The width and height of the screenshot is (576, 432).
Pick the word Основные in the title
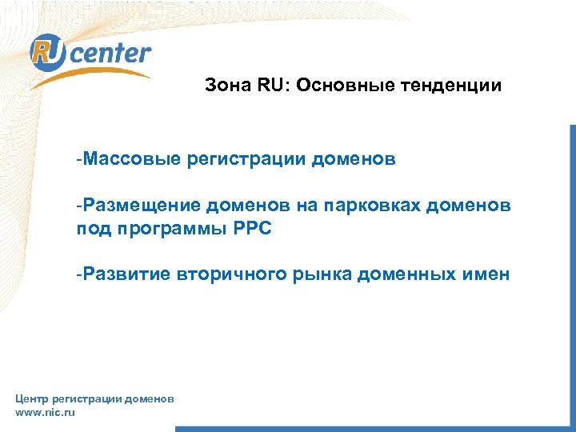click(x=335, y=85)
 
